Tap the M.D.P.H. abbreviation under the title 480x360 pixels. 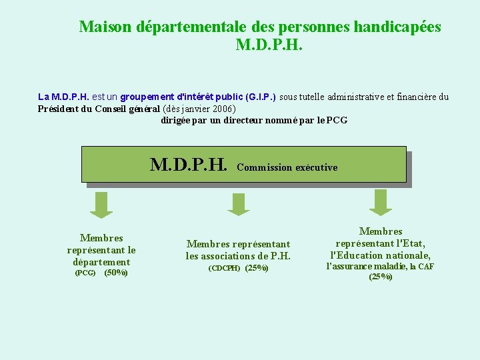tap(270, 45)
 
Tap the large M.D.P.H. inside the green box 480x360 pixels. tap(189, 164)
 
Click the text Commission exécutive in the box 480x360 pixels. tap(287, 167)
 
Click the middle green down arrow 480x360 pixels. tap(239, 203)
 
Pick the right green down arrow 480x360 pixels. tap(381, 202)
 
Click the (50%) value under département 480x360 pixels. tap(116, 273)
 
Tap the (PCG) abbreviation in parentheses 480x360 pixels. tap(85, 273)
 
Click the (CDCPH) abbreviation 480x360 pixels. tap(224, 269)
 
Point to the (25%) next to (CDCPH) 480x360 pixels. tap(257, 268)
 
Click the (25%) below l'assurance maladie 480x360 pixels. tap(381, 277)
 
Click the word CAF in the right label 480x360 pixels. tap(426, 267)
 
